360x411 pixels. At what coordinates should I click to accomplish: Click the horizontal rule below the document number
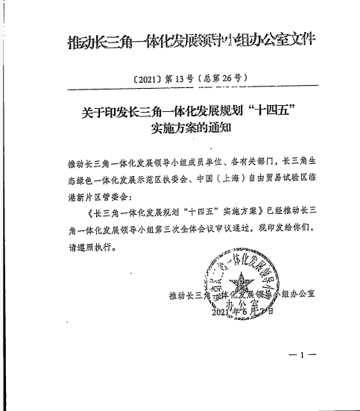tap(180, 92)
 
